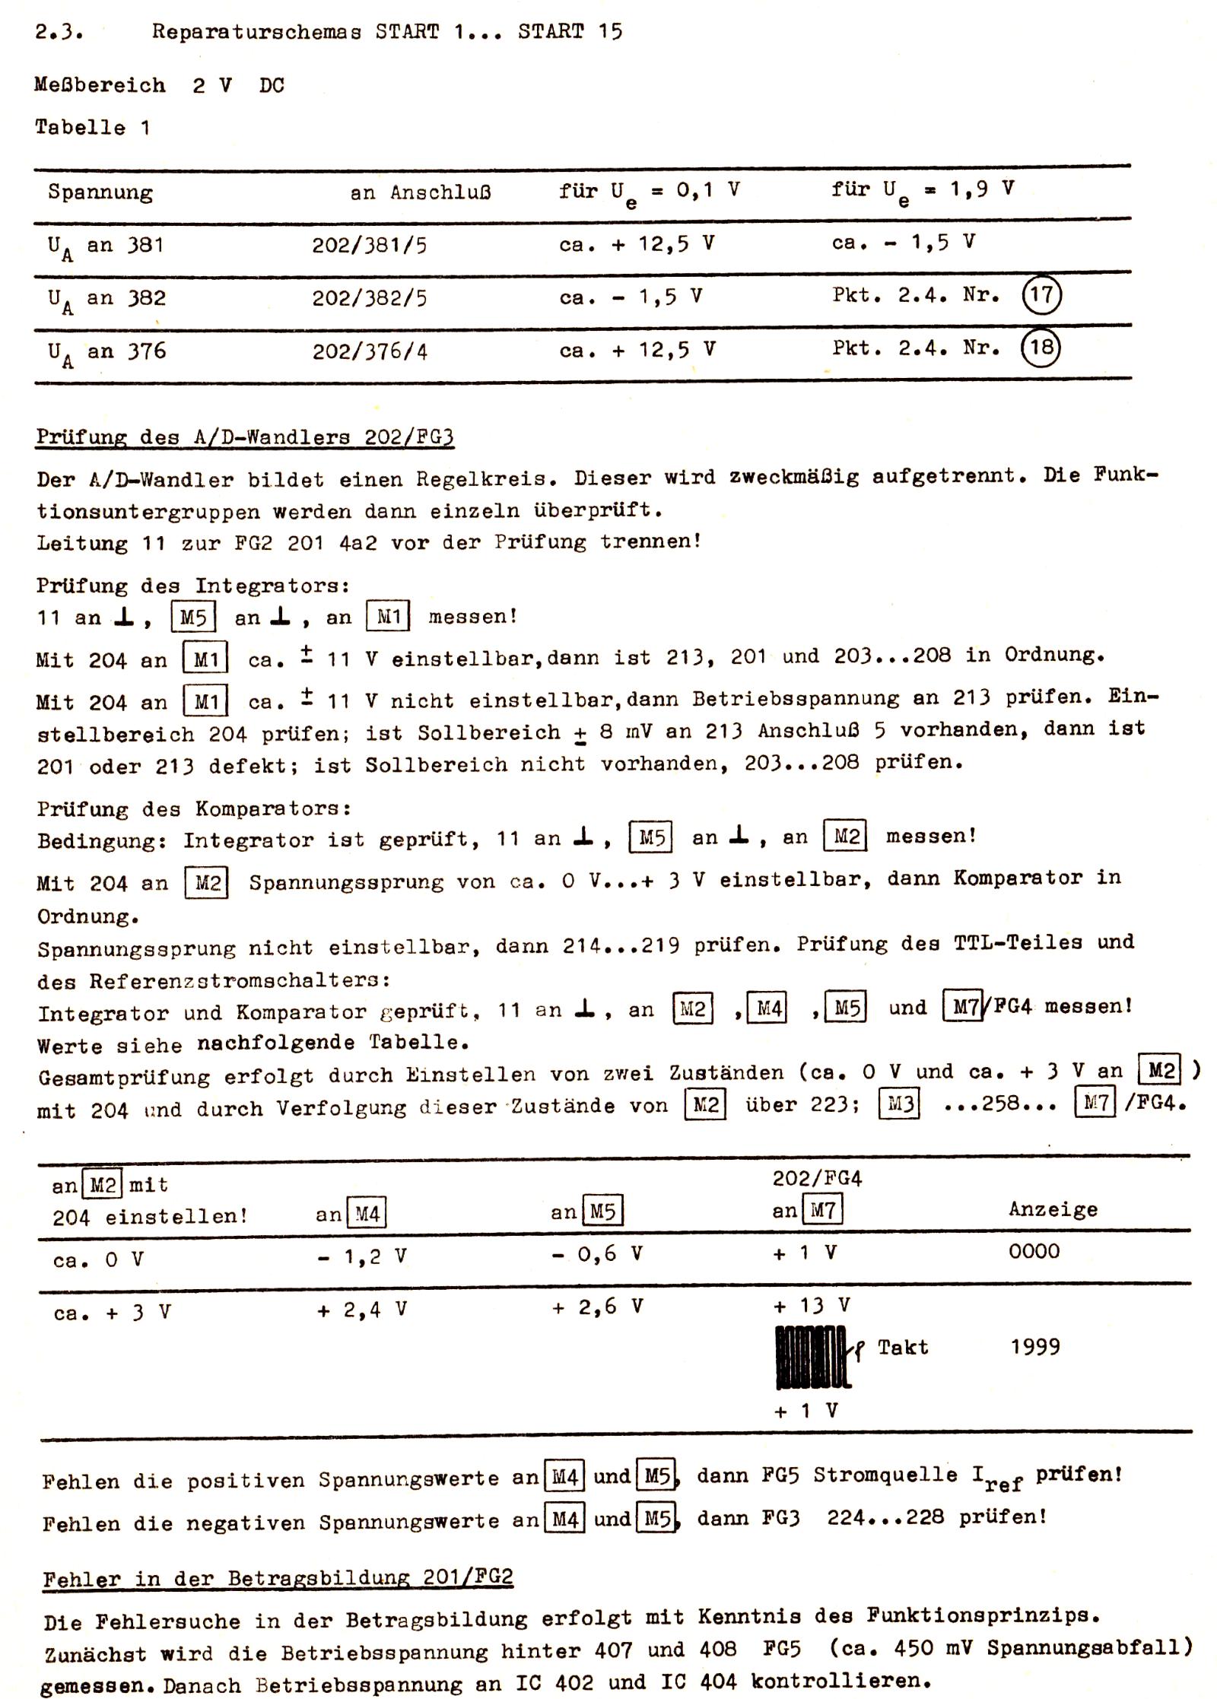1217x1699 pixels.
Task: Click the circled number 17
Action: pyautogui.click(x=1041, y=294)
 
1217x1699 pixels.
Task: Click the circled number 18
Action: pyautogui.click(x=1041, y=348)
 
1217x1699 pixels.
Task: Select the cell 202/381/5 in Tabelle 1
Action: pyautogui.click(x=369, y=246)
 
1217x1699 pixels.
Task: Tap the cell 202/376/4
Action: pyautogui.click(x=370, y=351)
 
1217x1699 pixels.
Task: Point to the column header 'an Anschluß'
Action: pyautogui.click(x=420, y=192)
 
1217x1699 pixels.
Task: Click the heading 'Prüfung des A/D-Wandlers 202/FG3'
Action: pyautogui.click(x=245, y=437)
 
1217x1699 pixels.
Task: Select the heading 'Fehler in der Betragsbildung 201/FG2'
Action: pyautogui.click(x=278, y=1578)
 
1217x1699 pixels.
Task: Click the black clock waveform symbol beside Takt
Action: pyautogui.click(x=812, y=1357)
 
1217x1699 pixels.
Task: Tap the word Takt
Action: pyautogui.click(x=902, y=1348)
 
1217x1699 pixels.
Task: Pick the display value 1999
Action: pyautogui.click(x=1034, y=1347)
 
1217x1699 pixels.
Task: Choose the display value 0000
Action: pyautogui.click(x=1034, y=1251)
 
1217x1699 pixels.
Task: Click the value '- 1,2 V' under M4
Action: pyautogui.click(x=362, y=1257)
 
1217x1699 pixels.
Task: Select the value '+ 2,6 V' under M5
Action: pyautogui.click(x=598, y=1307)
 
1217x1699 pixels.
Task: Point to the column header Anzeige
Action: pyautogui.click(x=1053, y=1209)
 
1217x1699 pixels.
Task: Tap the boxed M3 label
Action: pyautogui.click(x=900, y=1104)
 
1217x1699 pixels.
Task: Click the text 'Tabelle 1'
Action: pyautogui.click(x=92, y=127)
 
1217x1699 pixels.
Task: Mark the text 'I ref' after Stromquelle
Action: pyautogui.click(x=996, y=1477)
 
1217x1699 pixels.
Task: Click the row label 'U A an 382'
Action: pyautogui.click(x=106, y=299)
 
